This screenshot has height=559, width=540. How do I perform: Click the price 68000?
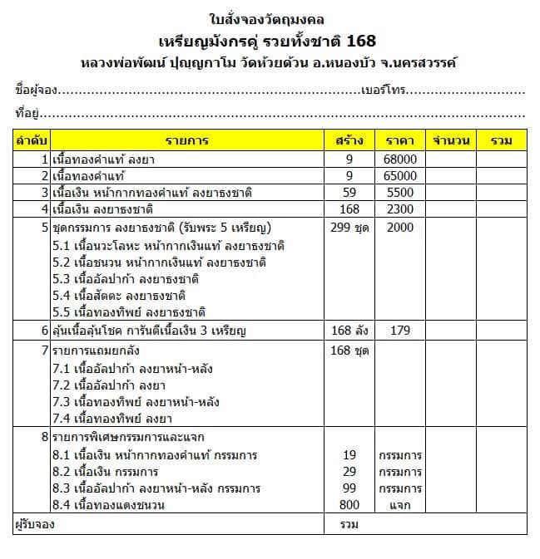tap(400, 159)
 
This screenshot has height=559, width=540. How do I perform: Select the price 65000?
tap(400, 175)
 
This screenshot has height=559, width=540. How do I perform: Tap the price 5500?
tap(400, 192)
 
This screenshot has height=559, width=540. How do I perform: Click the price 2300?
tap(400, 208)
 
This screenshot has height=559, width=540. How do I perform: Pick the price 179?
tap(400, 331)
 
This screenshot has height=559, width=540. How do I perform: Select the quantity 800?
tap(349, 505)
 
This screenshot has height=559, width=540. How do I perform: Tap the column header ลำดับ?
tap(32, 140)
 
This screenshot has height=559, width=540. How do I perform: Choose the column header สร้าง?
tap(349, 140)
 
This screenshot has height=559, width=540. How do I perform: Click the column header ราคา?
tap(400, 140)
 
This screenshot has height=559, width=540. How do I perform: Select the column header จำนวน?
tap(452, 140)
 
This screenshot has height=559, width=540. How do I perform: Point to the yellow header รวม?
tap(501, 140)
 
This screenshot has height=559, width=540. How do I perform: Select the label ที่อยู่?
tap(27, 112)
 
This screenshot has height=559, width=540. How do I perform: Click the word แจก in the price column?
tap(400, 505)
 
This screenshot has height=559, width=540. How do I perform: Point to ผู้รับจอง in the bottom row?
tap(39, 525)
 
